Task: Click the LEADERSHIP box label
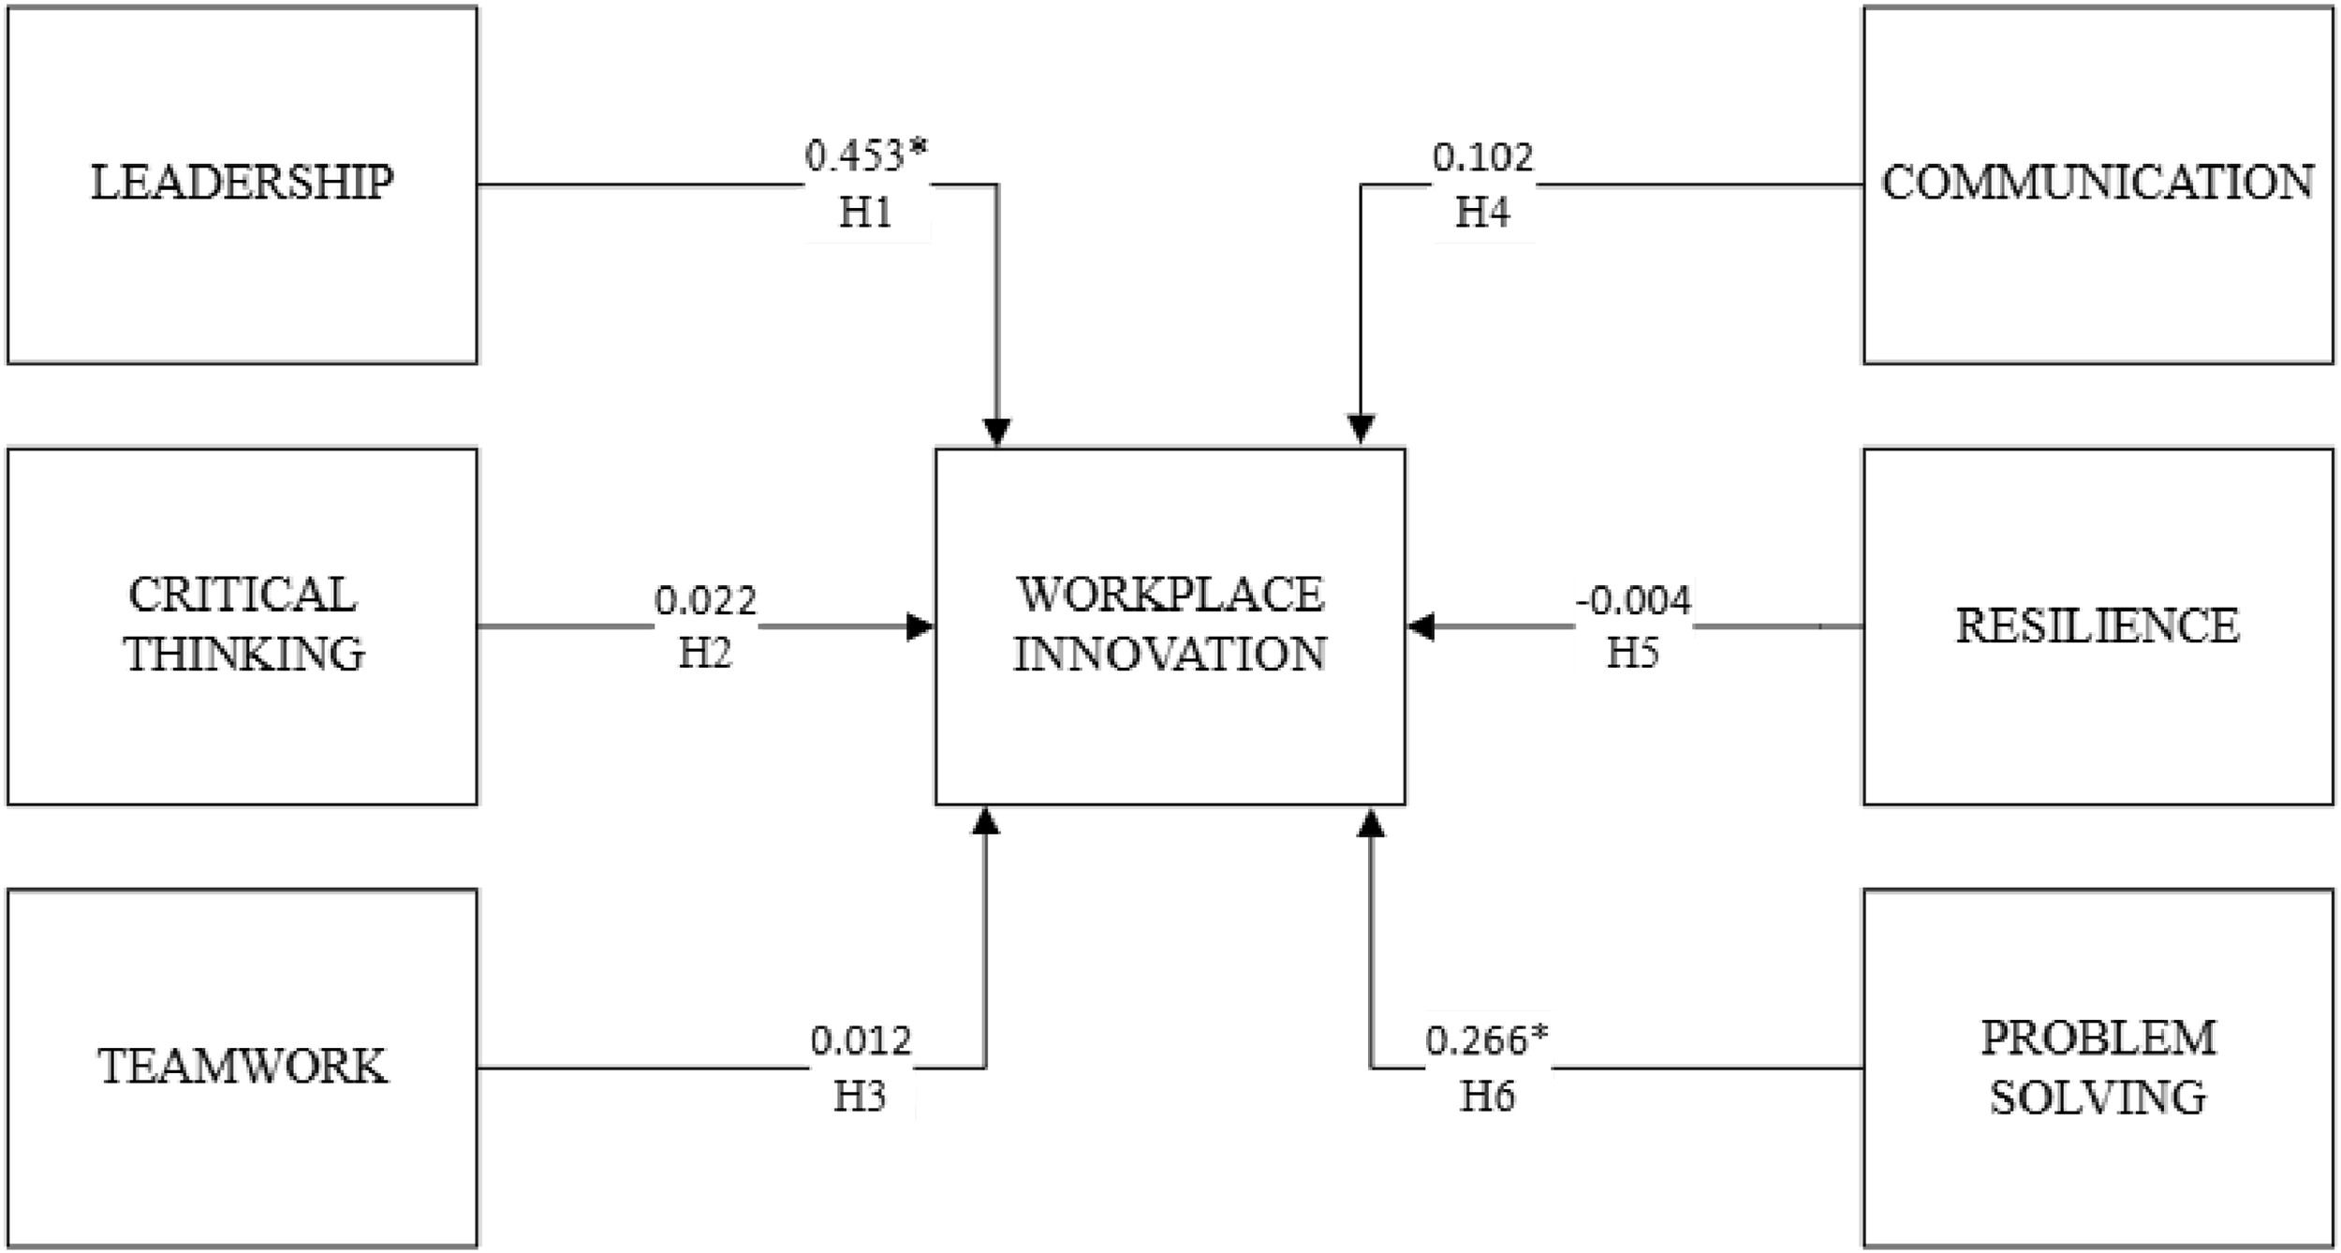click(242, 183)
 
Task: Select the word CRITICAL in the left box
click(243, 595)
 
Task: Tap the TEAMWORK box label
click(243, 1067)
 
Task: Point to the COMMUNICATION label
click(2098, 183)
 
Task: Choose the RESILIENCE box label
click(2098, 626)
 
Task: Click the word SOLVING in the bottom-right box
click(2098, 1097)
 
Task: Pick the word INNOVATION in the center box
click(1170, 654)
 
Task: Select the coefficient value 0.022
click(705, 600)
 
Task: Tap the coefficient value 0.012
click(861, 1041)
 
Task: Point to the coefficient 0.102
click(1483, 157)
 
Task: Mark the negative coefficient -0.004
click(1633, 600)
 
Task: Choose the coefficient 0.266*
click(1487, 1041)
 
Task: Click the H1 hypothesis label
click(865, 214)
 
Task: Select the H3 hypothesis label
click(860, 1097)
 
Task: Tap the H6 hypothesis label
click(1487, 1097)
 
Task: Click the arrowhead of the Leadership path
click(997, 432)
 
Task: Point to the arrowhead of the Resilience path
click(1421, 626)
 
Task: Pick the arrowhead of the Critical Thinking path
click(920, 626)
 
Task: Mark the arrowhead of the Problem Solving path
click(1371, 823)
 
